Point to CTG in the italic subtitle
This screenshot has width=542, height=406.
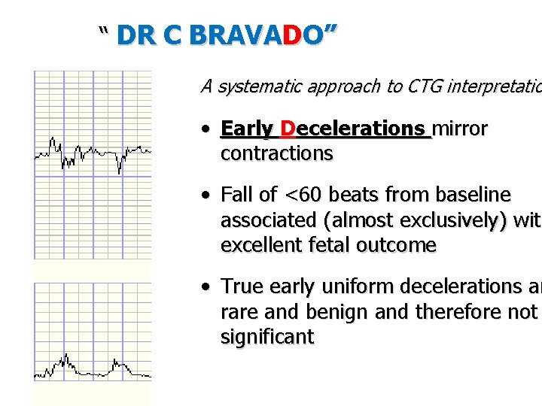(x=422, y=86)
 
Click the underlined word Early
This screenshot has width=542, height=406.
(x=247, y=129)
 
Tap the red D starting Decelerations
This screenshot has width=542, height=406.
(x=288, y=129)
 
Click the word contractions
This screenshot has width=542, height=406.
(x=276, y=153)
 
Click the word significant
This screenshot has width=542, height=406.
(x=266, y=336)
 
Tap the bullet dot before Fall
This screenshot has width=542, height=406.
(x=206, y=196)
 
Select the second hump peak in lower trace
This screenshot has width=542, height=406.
(x=117, y=361)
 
